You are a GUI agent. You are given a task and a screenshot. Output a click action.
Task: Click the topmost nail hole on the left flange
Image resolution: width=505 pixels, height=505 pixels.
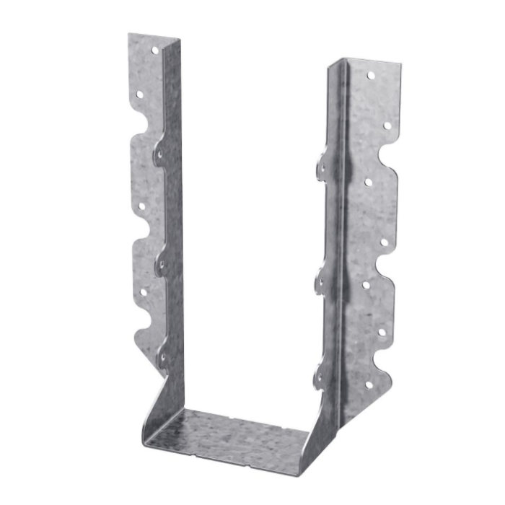click(154, 50)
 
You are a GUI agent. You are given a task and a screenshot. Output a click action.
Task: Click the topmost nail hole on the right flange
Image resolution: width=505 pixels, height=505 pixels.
click(371, 75)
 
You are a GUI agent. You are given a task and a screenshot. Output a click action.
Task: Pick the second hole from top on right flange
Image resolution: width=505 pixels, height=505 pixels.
click(387, 126)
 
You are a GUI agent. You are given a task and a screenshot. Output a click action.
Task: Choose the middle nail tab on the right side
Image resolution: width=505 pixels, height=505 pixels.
click(320, 282)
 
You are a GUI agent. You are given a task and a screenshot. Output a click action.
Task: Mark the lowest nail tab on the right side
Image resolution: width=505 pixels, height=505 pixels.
click(318, 377)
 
